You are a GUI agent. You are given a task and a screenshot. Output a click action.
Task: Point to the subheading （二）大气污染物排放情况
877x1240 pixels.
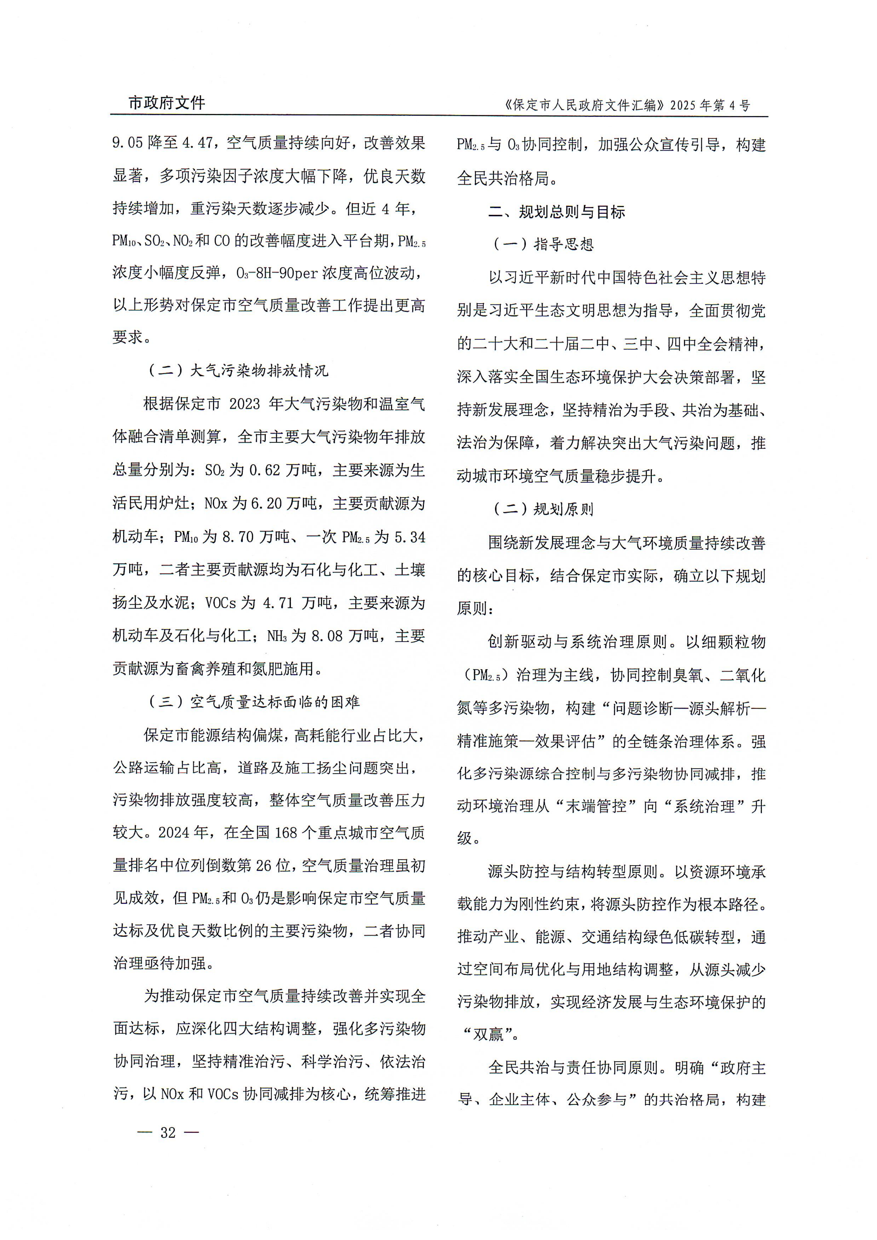[x=238, y=370]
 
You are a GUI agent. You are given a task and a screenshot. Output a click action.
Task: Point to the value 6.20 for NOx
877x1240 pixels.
[x=267, y=503]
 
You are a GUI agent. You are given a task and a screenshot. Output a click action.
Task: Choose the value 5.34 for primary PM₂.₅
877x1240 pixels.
[x=410, y=537]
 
